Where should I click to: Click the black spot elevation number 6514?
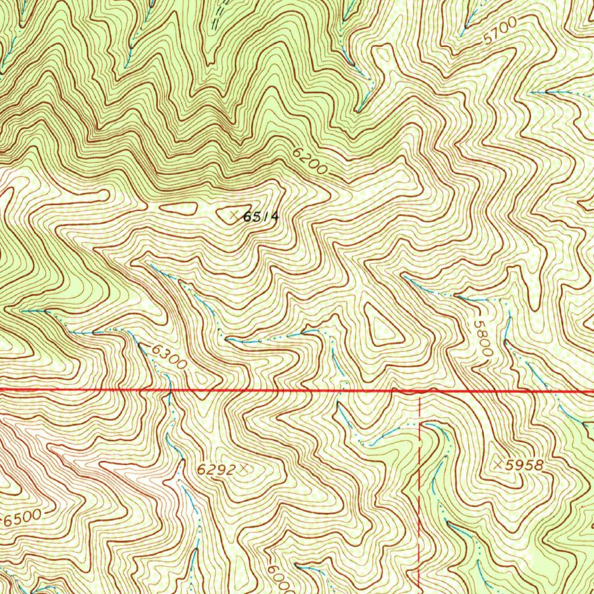click(x=261, y=217)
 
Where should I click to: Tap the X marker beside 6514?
click(x=233, y=216)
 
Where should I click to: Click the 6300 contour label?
click(x=170, y=357)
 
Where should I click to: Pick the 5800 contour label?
click(x=483, y=341)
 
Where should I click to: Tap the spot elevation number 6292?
click(x=215, y=470)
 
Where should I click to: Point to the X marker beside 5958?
click(x=499, y=464)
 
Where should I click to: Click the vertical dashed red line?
click(x=419, y=493)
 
